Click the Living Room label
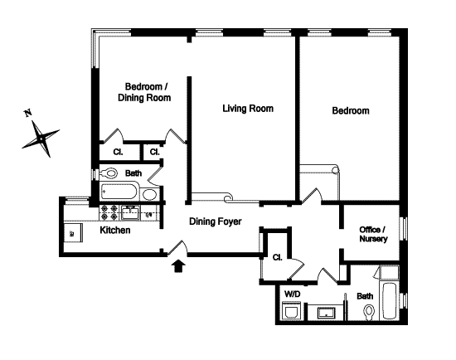tap(248, 109)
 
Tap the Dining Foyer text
tap(216, 221)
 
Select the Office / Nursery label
tap(373, 234)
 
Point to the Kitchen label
tap(115, 231)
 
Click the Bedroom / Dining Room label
tap(144, 92)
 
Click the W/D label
tap(293, 294)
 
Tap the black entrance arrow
tap(178, 266)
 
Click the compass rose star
tap(41, 139)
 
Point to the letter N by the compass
tap(28, 113)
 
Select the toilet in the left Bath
tap(109, 173)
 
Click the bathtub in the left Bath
tap(120, 192)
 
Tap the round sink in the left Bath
tap(149, 194)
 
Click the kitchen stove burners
tap(109, 212)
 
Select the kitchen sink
tap(130, 212)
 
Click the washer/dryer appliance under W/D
tap(292, 311)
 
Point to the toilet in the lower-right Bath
tap(369, 312)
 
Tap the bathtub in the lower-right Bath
tap(389, 300)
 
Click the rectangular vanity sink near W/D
tap(326, 313)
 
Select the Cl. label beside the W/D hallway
tap(277, 257)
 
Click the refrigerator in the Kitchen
tap(73, 233)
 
